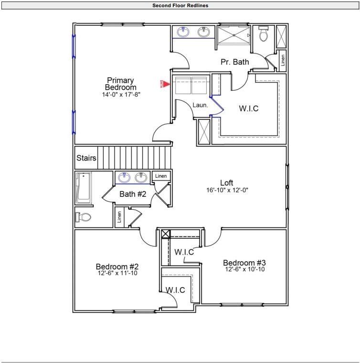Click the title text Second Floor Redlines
coord(180,6)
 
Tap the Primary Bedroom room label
coord(120,84)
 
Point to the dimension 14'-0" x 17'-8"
coord(121,95)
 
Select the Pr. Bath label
coord(234,62)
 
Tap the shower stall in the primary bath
coord(233,35)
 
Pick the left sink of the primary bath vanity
coord(182,32)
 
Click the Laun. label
coord(200,105)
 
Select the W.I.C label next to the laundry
coord(248,108)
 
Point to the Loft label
coord(226,182)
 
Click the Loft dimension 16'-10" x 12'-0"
coord(227,190)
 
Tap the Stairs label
coord(86,158)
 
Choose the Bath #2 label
coord(133,194)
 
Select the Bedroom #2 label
coord(117,267)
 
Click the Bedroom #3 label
coord(244,263)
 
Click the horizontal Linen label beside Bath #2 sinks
coord(161,176)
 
